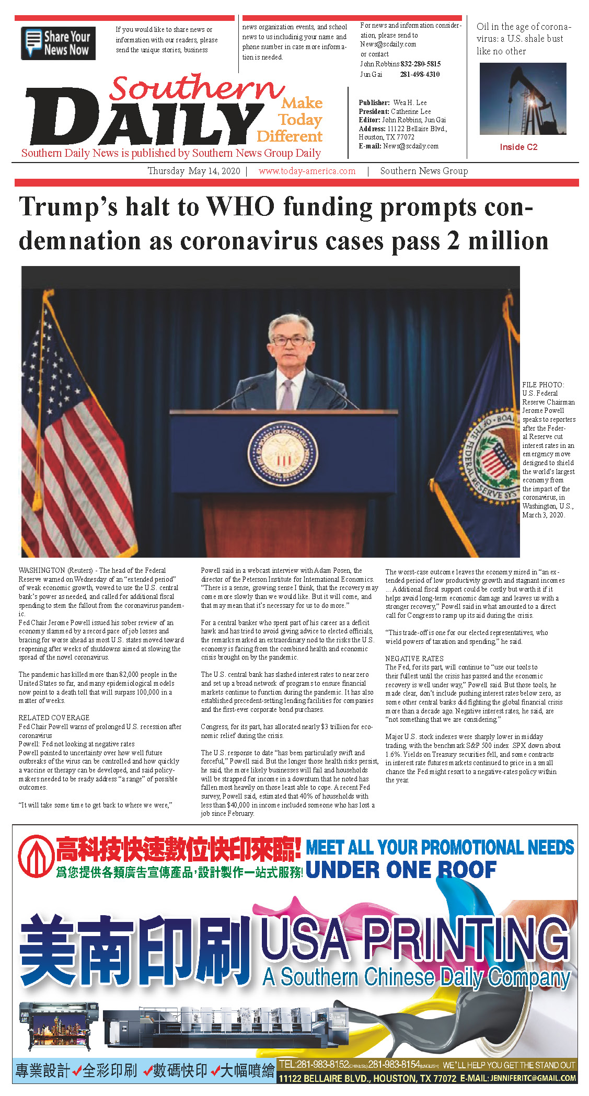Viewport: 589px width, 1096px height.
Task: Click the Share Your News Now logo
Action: point(58,43)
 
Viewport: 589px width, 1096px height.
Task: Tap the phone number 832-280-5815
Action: point(421,64)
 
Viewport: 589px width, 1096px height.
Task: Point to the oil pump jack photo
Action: point(523,99)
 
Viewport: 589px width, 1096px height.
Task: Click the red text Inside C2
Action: point(518,147)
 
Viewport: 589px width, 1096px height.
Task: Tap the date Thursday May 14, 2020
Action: point(194,171)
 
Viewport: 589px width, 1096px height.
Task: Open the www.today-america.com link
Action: point(307,171)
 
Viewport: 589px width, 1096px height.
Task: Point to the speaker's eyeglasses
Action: point(289,341)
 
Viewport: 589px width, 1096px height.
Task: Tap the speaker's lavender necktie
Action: point(287,394)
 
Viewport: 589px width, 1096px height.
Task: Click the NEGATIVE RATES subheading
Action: point(414,659)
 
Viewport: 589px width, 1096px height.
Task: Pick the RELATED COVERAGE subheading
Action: point(54,718)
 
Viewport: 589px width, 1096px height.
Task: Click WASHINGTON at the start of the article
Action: point(42,570)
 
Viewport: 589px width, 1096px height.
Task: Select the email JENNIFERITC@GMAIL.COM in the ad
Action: point(533,1078)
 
